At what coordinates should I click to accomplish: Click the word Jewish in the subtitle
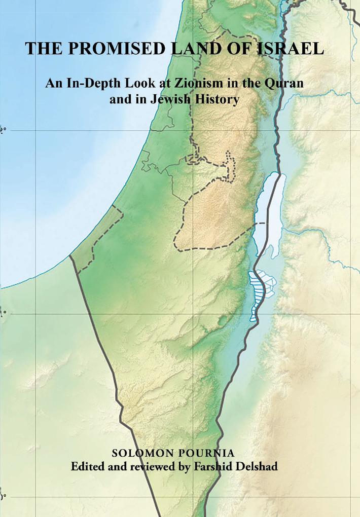(x=168, y=100)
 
